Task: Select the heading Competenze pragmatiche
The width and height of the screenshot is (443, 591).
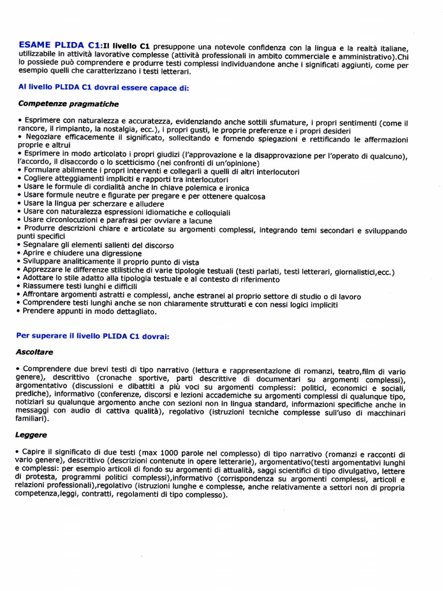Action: (x=69, y=104)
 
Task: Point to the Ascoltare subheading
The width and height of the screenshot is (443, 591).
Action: (x=35, y=351)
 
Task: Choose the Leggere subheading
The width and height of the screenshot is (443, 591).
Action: (x=32, y=434)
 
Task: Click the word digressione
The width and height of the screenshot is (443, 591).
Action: (x=113, y=253)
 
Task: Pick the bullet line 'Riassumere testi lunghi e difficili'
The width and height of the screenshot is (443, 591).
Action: (x=77, y=286)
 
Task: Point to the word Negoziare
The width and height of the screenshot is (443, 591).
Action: (x=47, y=139)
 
